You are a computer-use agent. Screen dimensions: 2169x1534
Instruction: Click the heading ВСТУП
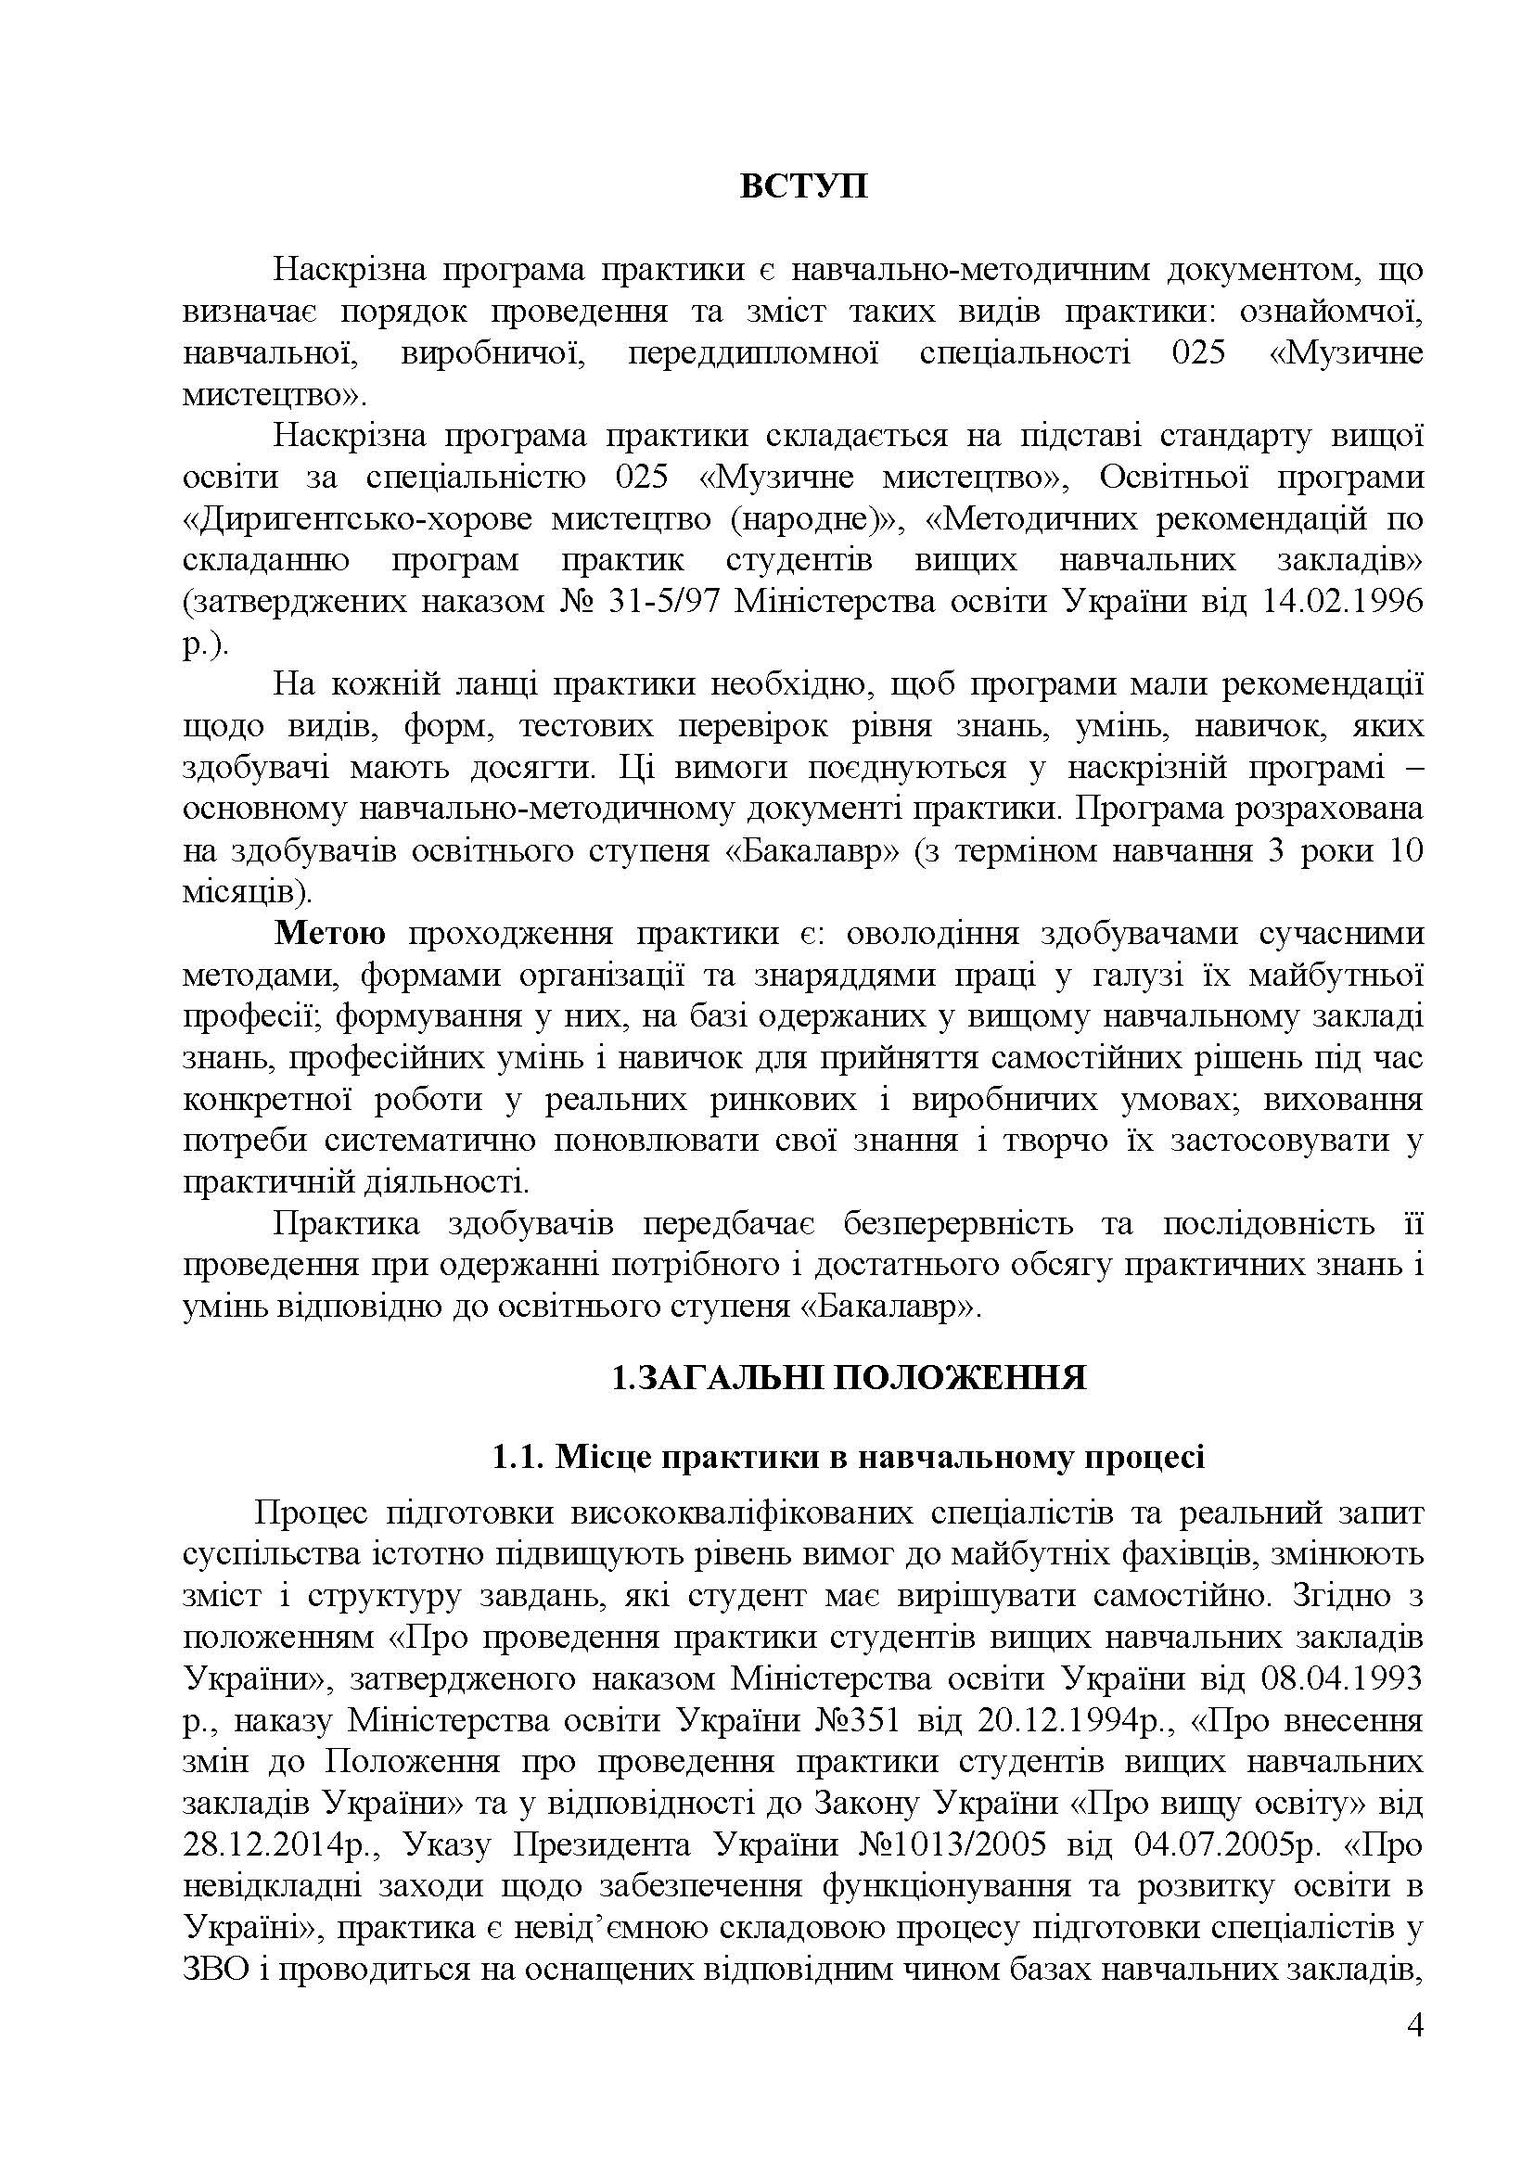[x=803, y=186]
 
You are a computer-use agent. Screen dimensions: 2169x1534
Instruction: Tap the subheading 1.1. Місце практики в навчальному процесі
[x=849, y=1458]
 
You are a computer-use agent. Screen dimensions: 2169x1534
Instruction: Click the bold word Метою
[x=329, y=934]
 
